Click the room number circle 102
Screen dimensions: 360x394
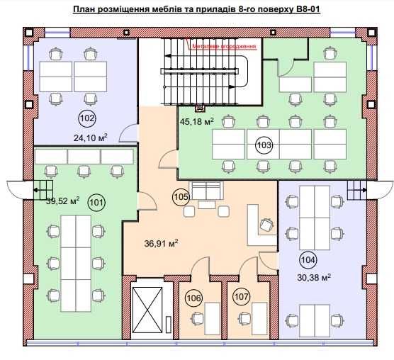tap(87, 118)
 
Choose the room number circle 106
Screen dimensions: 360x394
tap(194, 298)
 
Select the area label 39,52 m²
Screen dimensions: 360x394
tap(62, 201)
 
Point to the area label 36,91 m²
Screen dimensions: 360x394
tap(161, 243)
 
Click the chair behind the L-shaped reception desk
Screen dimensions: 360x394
tap(265, 224)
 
